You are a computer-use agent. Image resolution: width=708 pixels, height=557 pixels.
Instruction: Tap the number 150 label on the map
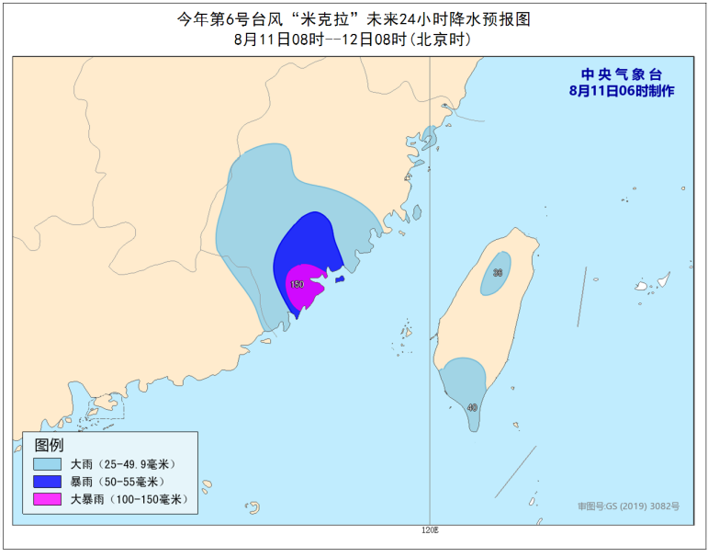point(297,285)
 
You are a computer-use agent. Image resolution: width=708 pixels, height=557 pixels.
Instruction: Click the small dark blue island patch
point(339,279)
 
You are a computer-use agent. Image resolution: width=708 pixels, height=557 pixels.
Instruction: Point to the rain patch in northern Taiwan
point(497,274)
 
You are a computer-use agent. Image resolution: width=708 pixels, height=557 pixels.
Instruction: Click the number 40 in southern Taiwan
point(472,407)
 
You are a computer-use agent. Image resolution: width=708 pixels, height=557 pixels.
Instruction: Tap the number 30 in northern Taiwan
point(498,273)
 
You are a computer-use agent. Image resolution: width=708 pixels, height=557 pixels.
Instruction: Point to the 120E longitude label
point(430,530)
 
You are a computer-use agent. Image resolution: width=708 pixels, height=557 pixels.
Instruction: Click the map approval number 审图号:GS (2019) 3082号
point(628,506)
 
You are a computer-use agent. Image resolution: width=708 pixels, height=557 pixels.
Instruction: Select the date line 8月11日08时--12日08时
point(353,40)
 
